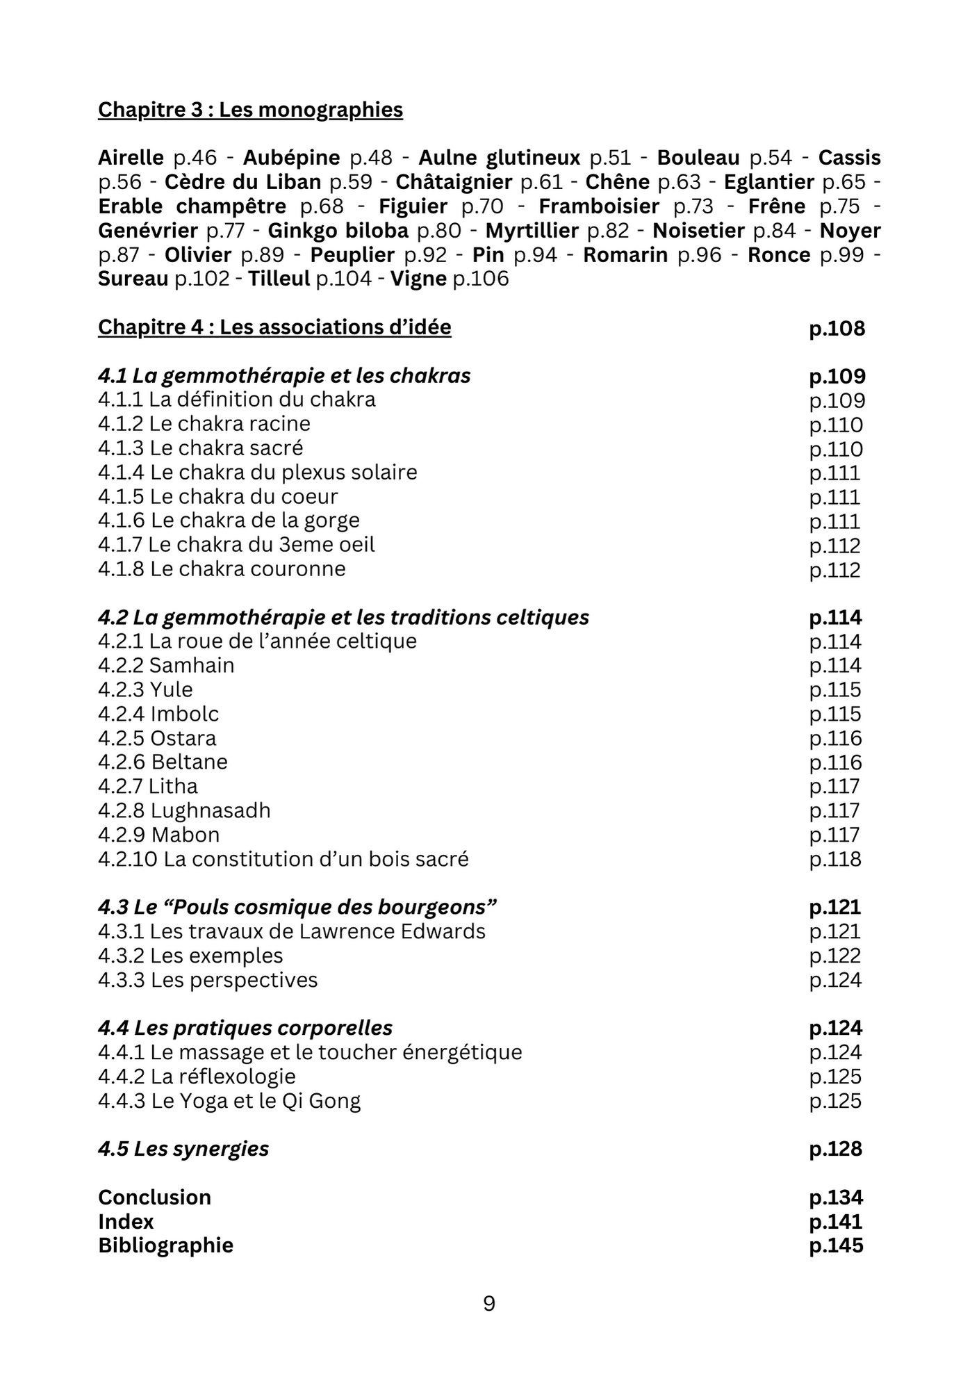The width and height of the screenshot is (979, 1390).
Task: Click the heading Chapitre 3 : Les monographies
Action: (x=250, y=110)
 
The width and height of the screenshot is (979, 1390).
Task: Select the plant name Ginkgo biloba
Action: (x=338, y=231)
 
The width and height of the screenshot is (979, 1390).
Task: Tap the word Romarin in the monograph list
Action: (x=625, y=255)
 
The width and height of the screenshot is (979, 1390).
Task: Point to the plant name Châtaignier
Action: (x=454, y=182)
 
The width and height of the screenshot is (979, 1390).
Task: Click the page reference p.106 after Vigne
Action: (x=481, y=279)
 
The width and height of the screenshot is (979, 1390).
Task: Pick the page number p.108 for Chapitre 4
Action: (x=837, y=328)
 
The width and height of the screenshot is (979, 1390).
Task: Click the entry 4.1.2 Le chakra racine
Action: (x=204, y=424)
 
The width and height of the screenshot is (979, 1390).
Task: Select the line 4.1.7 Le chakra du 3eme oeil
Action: (x=236, y=545)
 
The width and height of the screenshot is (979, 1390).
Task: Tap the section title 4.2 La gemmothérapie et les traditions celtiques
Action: (x=343, y=618)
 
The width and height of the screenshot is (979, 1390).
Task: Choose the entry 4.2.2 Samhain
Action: (x=166, y=666)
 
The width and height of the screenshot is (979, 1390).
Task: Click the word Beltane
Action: (x=190, y=762)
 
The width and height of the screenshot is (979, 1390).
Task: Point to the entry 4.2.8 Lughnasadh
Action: (x=184, y=811)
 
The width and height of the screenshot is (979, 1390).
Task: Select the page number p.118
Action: (x=835, y=860)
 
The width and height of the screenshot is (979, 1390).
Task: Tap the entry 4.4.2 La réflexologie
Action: (x=197, y=1077)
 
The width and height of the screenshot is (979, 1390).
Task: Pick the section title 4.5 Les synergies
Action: (x=183, y=1150)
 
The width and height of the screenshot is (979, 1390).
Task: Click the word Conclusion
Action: (x=154, y=1197)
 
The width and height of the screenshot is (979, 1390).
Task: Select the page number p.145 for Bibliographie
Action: (x=836, y=1245)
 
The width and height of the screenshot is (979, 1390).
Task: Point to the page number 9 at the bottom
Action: (x=489, y=1304)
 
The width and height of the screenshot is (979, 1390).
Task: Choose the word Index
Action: (x=126, y=1222)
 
